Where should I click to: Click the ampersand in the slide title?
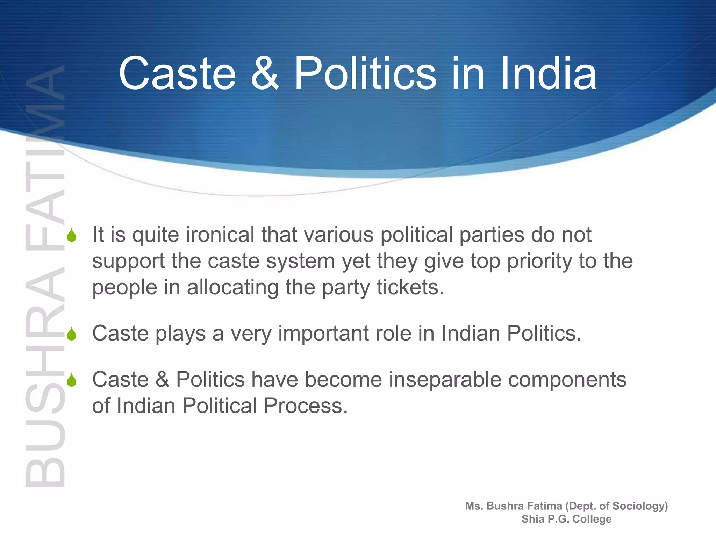pos(265,73)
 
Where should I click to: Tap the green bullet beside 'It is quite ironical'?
pos(72,236)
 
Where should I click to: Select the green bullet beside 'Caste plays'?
pos(72,334)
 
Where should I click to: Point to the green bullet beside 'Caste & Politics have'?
pos(72,380)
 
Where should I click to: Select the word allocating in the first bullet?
pos(232,288)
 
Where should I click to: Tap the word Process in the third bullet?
pos(306,406)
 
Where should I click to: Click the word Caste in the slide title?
pos(178,73)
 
